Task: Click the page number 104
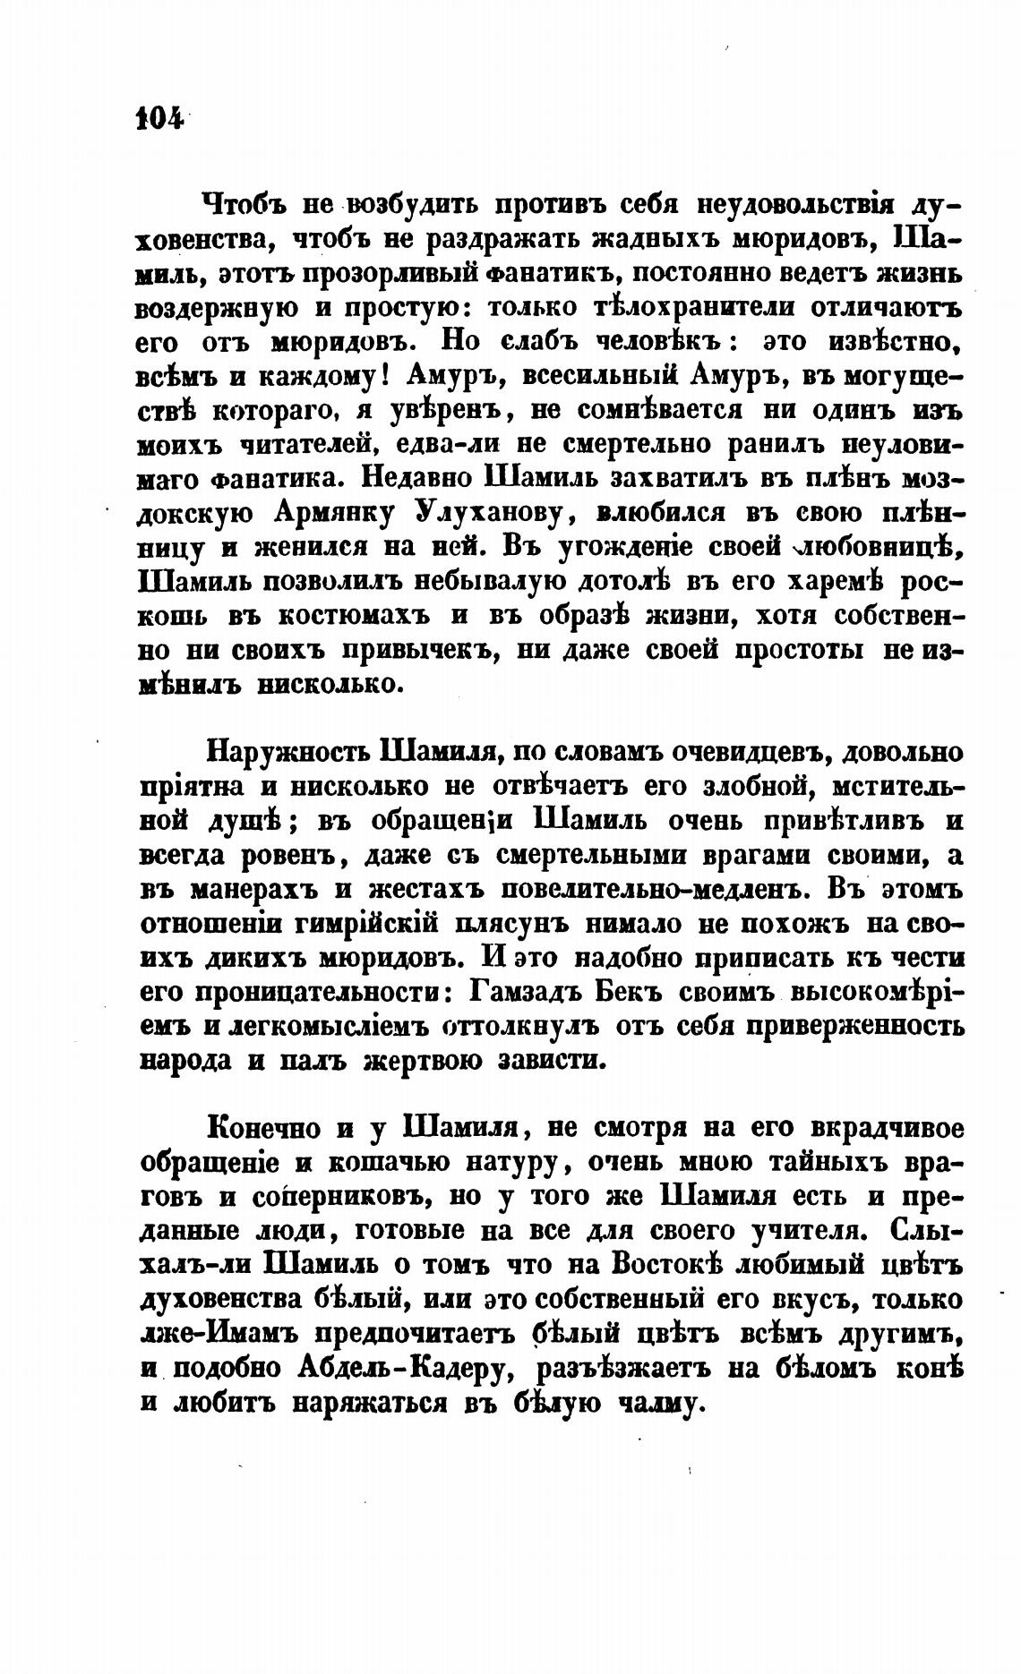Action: pos(158,118)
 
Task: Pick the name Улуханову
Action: pos(489,514)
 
